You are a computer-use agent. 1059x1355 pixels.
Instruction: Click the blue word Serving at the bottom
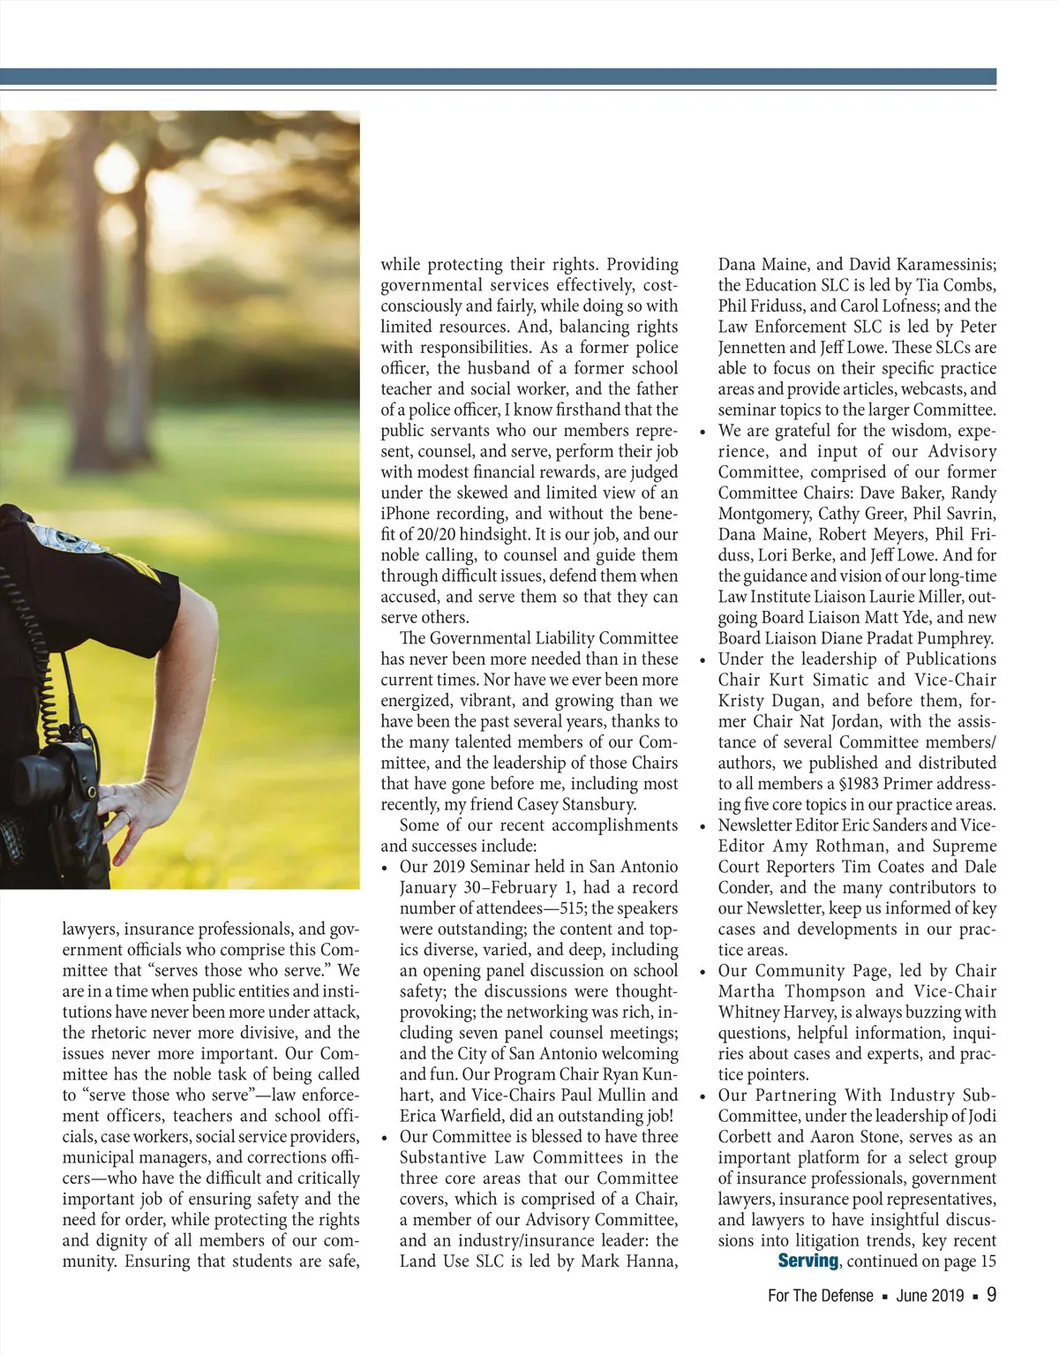807,1261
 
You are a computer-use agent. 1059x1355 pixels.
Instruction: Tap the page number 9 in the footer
991,1295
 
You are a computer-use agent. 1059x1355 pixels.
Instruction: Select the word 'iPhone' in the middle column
404,514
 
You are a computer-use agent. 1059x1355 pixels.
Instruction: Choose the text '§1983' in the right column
858,784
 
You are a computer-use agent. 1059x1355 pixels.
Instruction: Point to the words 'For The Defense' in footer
820,1296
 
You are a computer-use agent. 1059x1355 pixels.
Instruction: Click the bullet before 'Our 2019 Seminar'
386,868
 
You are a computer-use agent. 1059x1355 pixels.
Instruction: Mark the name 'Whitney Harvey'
774,1012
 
